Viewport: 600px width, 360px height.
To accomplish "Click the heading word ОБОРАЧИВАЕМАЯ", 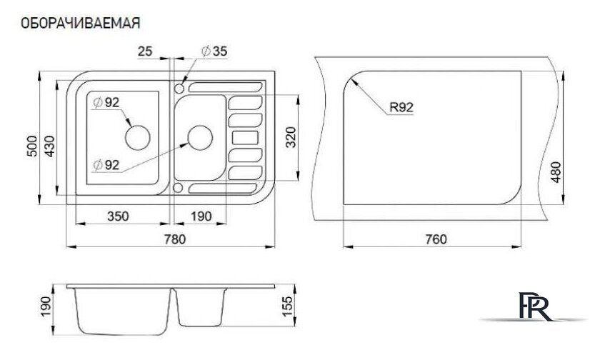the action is (x=80, y=23).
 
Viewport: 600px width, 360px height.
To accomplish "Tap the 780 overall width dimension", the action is (x=175, y=239).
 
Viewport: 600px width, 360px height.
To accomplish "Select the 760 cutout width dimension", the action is (x=436, y=239).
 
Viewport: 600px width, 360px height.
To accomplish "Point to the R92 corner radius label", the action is (x=401, y=107).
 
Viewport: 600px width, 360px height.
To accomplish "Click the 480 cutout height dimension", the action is (x=556, y=172).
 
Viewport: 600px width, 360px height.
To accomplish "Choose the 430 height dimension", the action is (x=49, y=146).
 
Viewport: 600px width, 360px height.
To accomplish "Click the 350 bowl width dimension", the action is (x=118, y=216).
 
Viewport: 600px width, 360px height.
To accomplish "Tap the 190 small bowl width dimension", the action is (x=201, y=216).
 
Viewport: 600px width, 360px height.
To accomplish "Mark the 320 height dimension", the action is (x=291, y=137).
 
